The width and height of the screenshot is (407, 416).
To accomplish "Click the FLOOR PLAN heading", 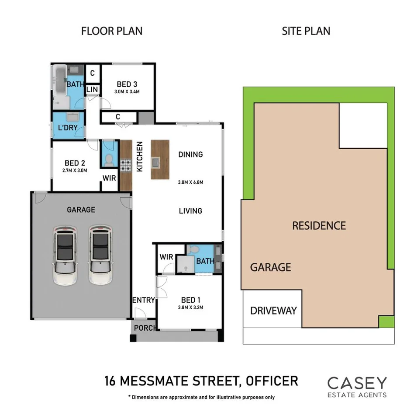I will coord(112,31).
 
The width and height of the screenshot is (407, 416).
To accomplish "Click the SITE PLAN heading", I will coord(306,31).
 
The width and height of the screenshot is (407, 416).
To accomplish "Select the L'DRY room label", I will coord(68,127).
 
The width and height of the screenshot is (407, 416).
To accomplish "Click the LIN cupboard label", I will coord(92,90).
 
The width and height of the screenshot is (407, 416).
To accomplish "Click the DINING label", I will coord(190,154).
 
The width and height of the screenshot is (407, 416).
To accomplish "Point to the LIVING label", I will coord(190,211).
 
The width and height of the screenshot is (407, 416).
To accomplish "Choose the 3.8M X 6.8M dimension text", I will coord(191,182).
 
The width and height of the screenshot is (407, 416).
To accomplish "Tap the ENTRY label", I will coord(144,300).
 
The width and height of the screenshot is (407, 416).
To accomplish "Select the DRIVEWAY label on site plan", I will coord(273,311).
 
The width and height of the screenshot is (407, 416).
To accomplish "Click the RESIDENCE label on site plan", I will coord(319,226).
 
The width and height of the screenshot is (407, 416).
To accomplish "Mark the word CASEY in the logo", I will coord(357,383).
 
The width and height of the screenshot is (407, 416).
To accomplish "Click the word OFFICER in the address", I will coord(272,380).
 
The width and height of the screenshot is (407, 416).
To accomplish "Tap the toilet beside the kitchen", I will coord(108,159).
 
